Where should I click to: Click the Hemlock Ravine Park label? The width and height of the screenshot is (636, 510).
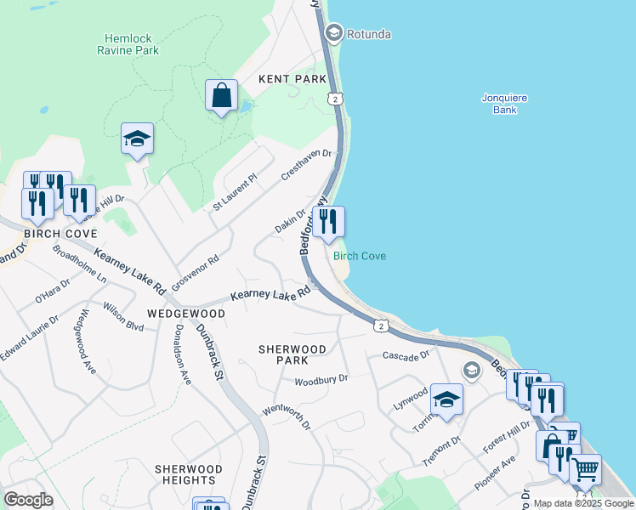point(132,44)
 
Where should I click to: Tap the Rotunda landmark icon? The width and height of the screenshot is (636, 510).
point(333,34)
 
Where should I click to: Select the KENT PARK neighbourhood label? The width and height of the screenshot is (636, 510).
point(292,79)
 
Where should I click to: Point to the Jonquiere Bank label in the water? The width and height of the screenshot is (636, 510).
point(504,104)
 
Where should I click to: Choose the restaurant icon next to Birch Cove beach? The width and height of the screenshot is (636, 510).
point(328,223)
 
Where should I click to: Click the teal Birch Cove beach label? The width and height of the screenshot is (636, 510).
point(360,256)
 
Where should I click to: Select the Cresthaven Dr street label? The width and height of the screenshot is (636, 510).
point(305,165)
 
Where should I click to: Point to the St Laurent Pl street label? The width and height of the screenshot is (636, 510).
point(235,193)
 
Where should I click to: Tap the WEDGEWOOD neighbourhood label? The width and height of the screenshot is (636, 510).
point(185,314)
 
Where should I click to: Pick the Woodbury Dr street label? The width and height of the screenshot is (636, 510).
point(321,379)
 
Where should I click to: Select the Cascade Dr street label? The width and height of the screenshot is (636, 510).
point(406,355)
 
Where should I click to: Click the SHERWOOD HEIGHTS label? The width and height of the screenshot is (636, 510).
point(188,475)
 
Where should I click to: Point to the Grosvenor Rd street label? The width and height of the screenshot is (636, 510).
point(195,270)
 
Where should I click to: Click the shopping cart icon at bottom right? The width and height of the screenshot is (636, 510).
point(585,469)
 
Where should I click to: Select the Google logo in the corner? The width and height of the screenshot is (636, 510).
point(28,500)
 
